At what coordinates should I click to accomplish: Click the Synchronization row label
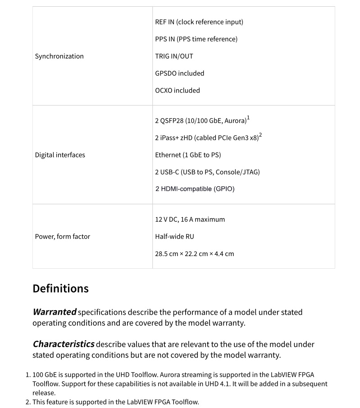click(59, 56)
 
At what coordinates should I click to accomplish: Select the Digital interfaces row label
click(60, 155)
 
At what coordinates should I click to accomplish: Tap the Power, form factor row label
click(62, 237)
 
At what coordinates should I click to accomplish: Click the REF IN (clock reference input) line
click(199, 22)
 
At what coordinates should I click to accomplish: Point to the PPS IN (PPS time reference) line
click(196, 39)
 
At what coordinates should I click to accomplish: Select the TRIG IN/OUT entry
click(174, 56)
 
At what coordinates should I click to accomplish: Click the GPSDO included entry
click(179, 73)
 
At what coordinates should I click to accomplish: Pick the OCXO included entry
click(177, 91)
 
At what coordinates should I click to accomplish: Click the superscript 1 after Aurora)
click(248, 118)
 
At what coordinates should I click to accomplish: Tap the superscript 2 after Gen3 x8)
click(260, 135)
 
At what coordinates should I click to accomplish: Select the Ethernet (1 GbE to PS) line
click(188, 155)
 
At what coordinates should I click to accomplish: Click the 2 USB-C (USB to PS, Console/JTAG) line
click(207, 172)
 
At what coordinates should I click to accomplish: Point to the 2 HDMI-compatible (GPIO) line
click(195, 189)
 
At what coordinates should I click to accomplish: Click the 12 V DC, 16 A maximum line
click(190, 220)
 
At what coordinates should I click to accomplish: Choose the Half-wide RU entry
click(174, 237)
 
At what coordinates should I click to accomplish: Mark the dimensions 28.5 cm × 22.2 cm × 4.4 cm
click(194, 254)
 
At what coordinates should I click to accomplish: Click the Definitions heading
click(60, 289)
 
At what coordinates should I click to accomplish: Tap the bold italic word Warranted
click(55, 312)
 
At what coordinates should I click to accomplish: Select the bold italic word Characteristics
click(64, 344)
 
